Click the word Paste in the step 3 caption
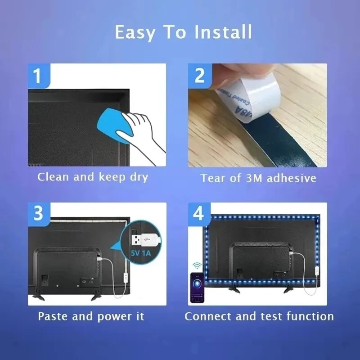(53, 316)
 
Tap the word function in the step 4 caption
(311, 316)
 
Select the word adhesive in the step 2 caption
(291, 178)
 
